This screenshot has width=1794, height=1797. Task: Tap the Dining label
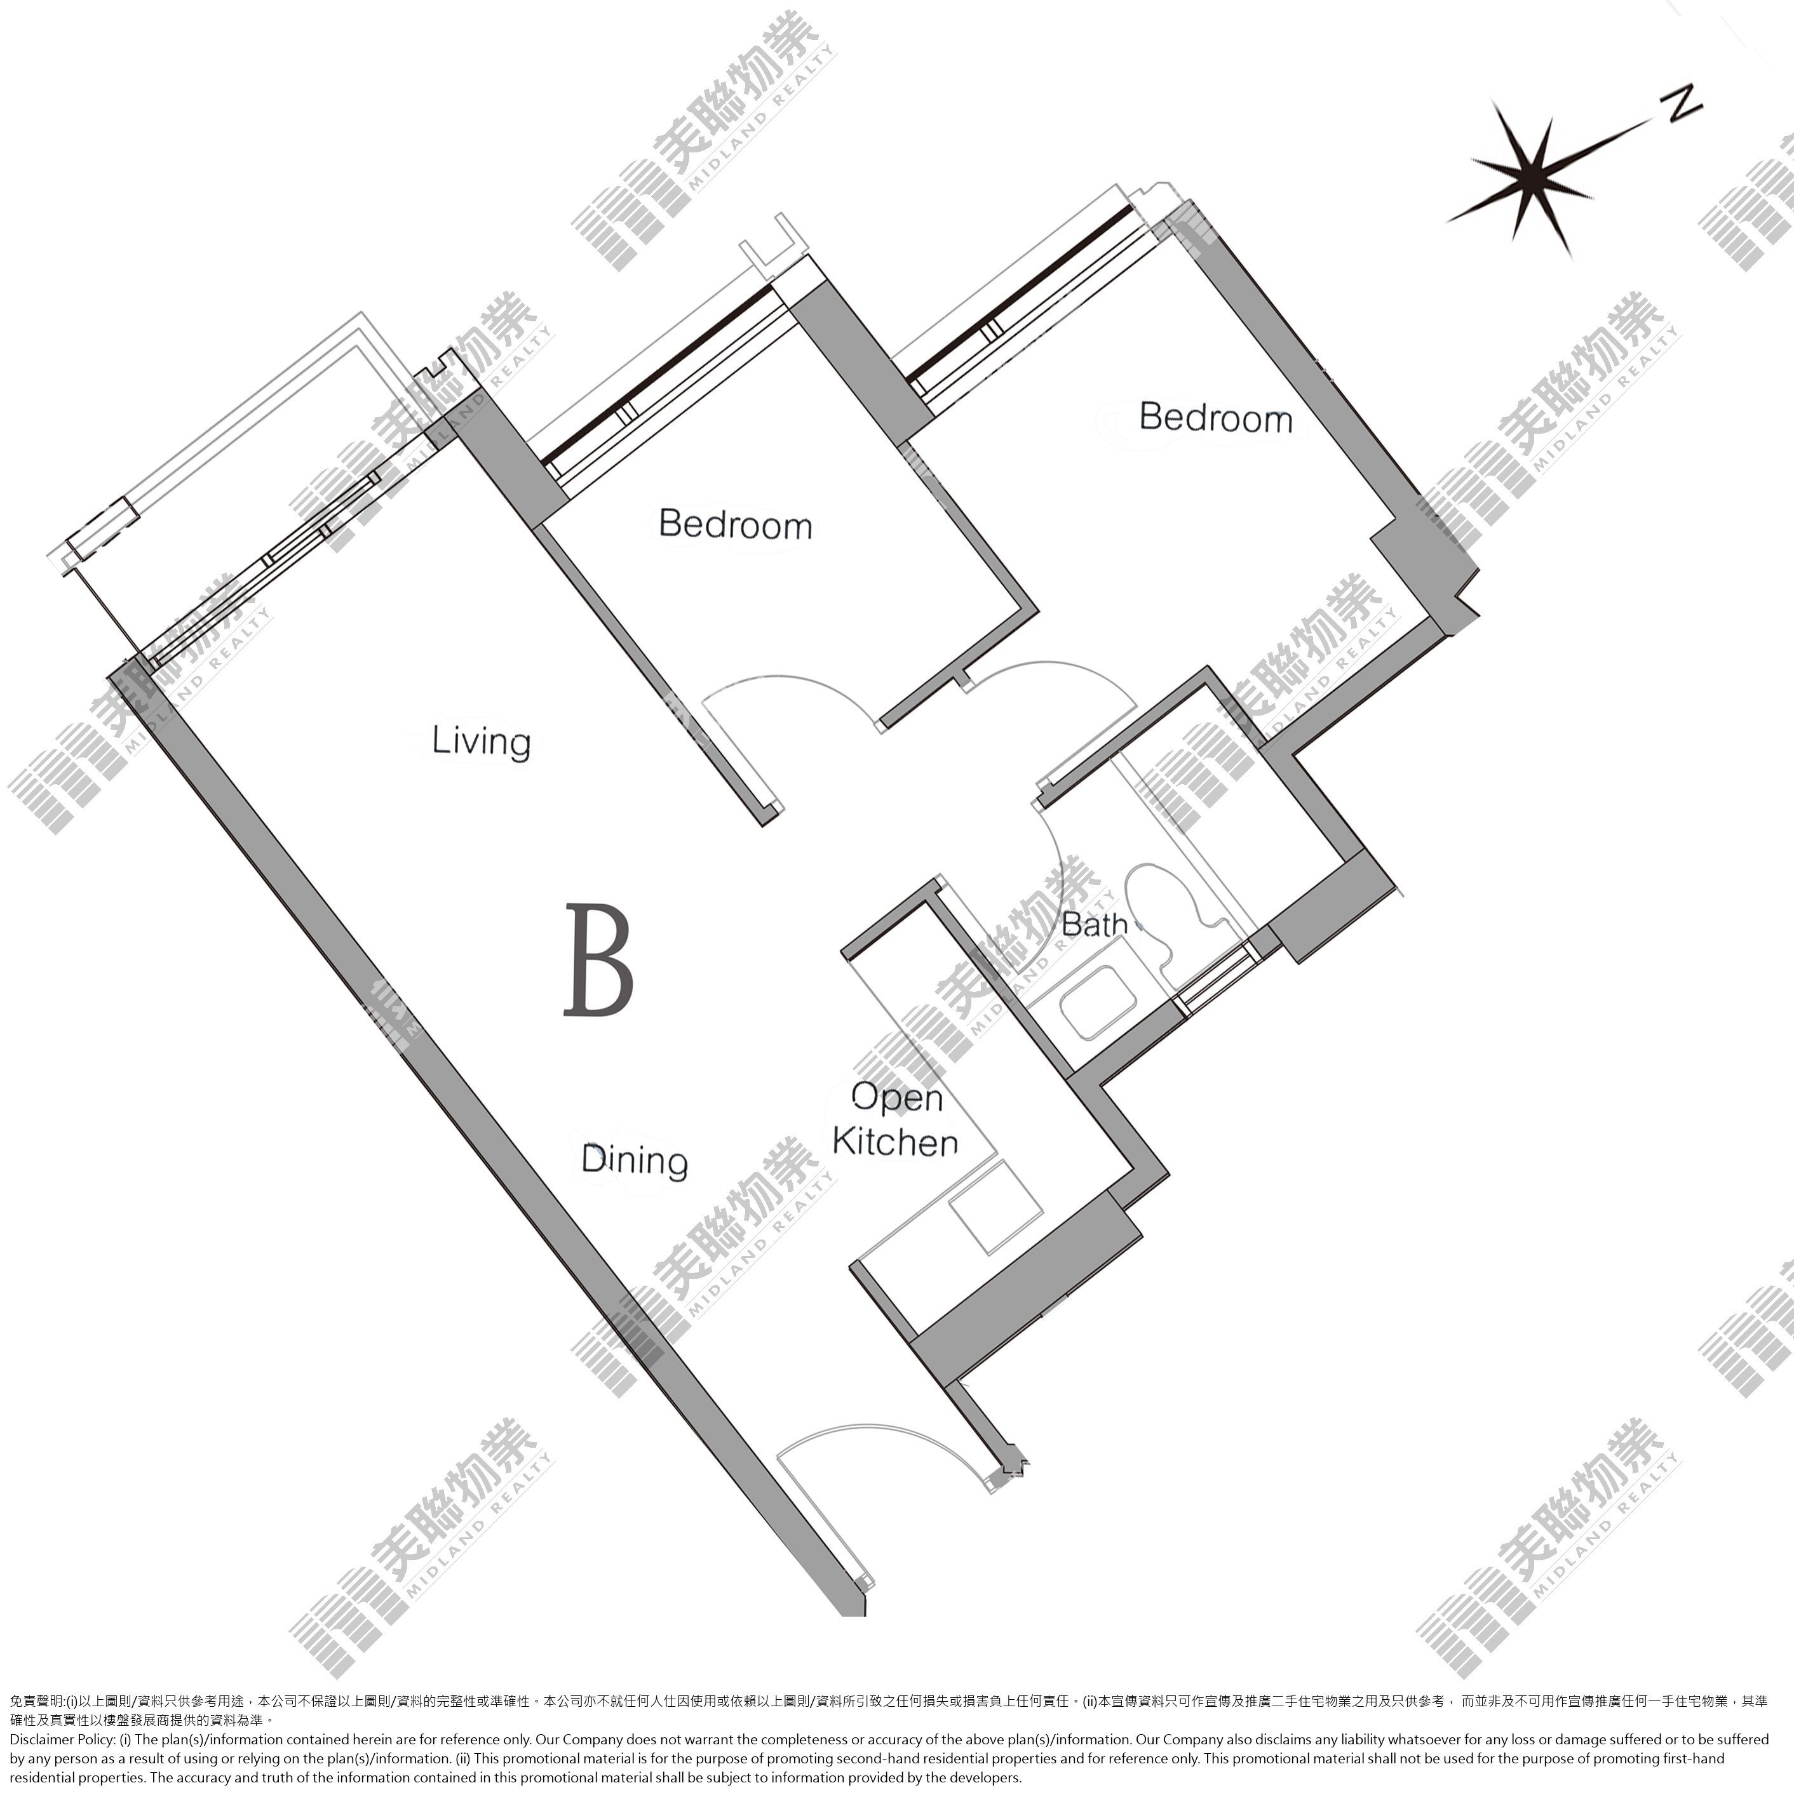tap(635, 1160)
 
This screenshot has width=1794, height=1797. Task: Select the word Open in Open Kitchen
tap(897, 1099)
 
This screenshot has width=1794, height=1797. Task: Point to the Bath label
tap(1095, 925)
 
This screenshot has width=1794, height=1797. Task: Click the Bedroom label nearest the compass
tap(1216, 418)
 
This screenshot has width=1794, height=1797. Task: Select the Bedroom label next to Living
tap(735, 524)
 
